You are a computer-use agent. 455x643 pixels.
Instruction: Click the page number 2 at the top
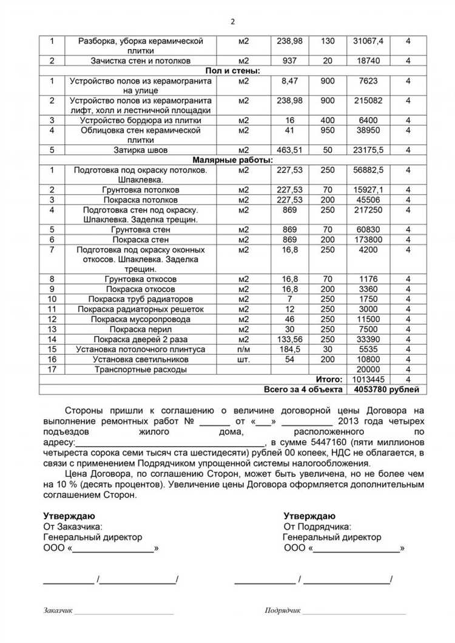(232, 22)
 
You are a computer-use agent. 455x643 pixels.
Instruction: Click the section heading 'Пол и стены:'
(232, 71)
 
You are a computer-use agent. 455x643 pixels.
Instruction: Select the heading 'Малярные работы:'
(232, 160)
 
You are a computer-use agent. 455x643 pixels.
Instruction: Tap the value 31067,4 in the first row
(368, 41)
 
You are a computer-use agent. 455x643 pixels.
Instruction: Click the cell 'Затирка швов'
(141, 150)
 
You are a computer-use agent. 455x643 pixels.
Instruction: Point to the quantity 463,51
(289, 150)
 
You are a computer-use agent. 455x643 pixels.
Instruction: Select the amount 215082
(368, 100)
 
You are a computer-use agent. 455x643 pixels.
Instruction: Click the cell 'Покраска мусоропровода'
(141, 319)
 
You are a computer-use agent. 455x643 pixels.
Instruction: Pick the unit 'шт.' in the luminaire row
(244, 359)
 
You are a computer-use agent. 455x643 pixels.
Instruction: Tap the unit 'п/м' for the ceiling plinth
(244, 349)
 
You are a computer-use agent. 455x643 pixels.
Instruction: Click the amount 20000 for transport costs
(368, 369)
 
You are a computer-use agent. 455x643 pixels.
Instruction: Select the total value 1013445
(368, 379)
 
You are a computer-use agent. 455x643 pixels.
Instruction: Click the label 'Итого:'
(328, 379)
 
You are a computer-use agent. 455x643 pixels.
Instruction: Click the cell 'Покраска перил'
(141, 329)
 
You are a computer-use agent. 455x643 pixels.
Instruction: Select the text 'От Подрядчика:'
(317, 527)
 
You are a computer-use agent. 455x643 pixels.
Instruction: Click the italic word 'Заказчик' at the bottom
(58, 610)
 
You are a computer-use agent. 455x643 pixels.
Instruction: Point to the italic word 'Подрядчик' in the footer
(283, 610)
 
